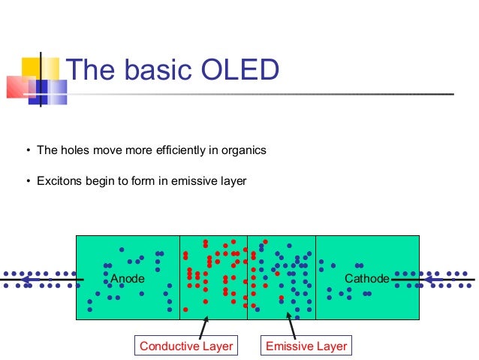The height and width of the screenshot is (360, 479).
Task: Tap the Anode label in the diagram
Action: pos(128,280)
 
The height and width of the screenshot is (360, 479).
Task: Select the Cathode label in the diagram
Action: pos(366,280)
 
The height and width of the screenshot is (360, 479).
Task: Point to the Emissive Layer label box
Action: pos(306,346)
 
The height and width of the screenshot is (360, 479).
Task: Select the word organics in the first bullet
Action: pos(243,150)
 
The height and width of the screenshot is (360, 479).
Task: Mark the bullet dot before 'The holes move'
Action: pos(28,150)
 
